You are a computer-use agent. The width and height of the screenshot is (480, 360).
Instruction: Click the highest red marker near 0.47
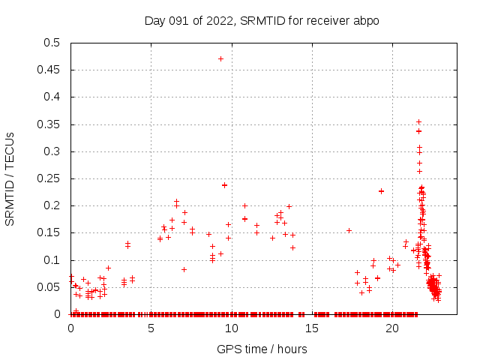pyautogui.click(x=220, y=58)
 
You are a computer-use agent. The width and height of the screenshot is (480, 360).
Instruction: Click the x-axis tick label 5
pyautogui.click(x=151, y=328)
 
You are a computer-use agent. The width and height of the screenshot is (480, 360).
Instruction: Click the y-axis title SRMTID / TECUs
pyautogui.click(x=10, y=178)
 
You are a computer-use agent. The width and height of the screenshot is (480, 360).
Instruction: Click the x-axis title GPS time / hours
pyautogui.click(x=262, y=349)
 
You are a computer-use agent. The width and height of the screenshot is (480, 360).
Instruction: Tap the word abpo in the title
pyautogui.click(x=367, y=20)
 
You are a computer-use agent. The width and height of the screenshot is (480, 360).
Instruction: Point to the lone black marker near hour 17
pyautogui.click(x=349, y=230)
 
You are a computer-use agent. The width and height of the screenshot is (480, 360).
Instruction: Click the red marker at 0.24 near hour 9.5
pyautogui.click(x=224, y=184)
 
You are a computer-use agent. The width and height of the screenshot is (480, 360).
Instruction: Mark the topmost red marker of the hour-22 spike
pyautogui.click(x=418, y=121)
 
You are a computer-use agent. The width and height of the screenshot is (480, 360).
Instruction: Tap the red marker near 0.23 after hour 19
pyautogui.click(x=381, y=190)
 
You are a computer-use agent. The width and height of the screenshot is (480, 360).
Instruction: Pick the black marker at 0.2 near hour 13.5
pyautogui.click(x=289, y=206)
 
